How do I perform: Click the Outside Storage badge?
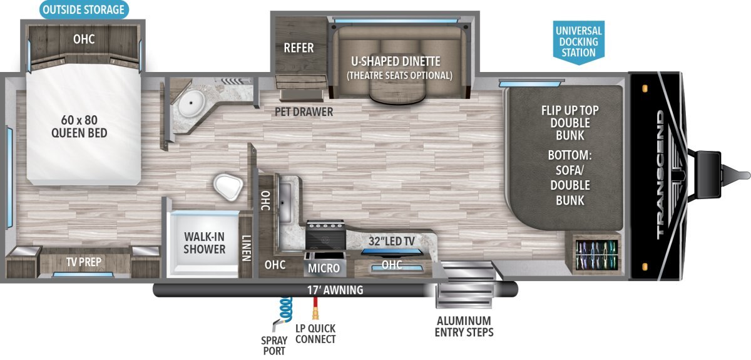coord(84,10)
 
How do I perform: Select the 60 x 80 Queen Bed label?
coord(79,126)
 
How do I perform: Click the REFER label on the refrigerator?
coord(299,48)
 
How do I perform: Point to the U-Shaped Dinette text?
coord(396,61)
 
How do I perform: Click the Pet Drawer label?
coord(304,111)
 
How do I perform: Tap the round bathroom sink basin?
coord(191,103)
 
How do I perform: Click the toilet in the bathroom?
coord(228,187)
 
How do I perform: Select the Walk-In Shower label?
coord(204,243)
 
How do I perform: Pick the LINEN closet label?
coord(247,248)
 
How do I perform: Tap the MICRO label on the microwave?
coord(324,269)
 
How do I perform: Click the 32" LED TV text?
coord(392,241)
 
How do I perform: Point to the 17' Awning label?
coord(335,290)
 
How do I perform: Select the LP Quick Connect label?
coord(315,334)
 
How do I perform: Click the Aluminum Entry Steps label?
coord(464,327)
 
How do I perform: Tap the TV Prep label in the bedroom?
coord(84,262)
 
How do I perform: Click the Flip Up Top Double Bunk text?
coord(570,123)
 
